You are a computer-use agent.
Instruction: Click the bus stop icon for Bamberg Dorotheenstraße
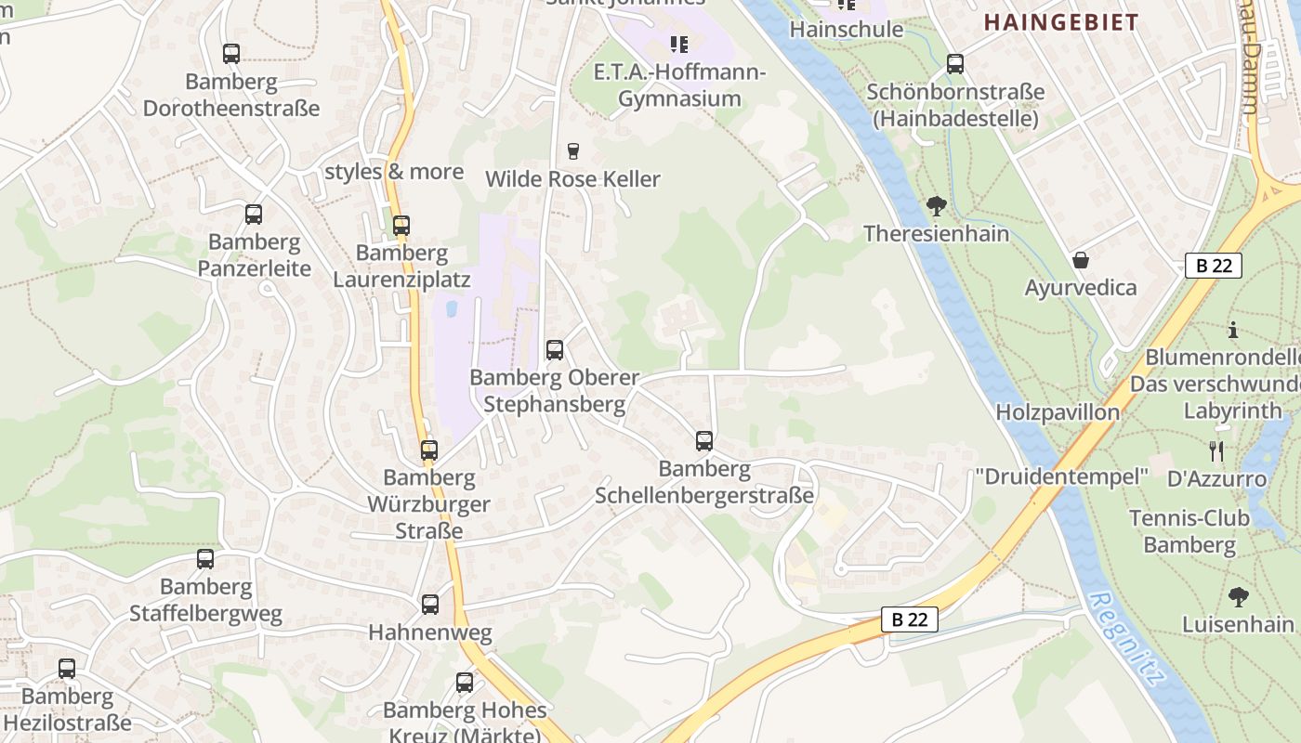point(231,54)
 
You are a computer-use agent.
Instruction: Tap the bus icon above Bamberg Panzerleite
point(254,215)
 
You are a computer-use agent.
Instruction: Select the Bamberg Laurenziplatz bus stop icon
point(401,226)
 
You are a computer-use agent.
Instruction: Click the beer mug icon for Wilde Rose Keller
point(572,150)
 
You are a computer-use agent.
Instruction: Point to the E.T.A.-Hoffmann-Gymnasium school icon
point(679,44)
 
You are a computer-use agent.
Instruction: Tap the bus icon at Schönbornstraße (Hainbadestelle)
point(955,64)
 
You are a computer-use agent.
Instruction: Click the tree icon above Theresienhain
point(936,206)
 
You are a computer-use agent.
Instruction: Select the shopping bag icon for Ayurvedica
point(1081,260)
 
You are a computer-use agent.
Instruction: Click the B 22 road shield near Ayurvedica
point(1214,266)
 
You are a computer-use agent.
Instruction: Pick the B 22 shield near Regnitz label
point(909,619)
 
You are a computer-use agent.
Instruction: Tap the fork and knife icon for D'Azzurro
point(1216,451)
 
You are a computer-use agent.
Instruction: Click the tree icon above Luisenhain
point(1238,596)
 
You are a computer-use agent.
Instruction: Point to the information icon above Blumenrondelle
point(1233,330)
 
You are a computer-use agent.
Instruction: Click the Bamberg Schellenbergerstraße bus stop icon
point(704,441)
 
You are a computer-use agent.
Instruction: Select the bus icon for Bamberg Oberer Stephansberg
point(555,350)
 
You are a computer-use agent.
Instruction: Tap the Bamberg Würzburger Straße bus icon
point(429,450)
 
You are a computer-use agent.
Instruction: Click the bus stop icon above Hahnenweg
point(430,605)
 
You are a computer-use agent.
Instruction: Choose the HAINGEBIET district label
point(1060,22)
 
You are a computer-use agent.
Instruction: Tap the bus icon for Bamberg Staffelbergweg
point(205,559)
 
